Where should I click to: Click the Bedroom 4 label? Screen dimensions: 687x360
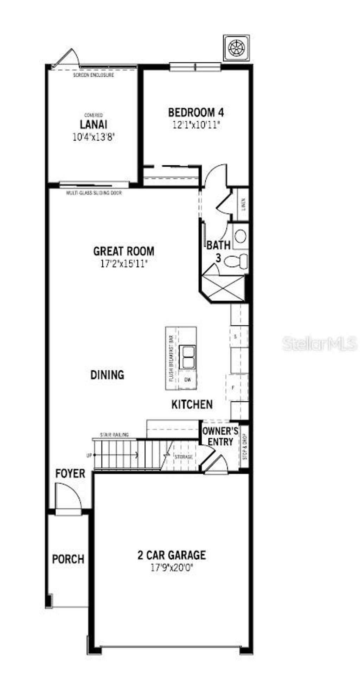click(196, 113)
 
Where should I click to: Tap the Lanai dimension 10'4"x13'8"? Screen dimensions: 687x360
click(94, 137)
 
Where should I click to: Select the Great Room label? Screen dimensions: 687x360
click(123, 251)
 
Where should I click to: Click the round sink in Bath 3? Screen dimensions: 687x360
click(240, 236)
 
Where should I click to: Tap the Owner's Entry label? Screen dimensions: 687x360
click(220, 436)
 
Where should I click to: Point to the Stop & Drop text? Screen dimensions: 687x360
click(245, 447)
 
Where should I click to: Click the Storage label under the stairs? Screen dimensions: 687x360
click(184, 457)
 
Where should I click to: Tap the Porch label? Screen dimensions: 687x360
click(68, 559)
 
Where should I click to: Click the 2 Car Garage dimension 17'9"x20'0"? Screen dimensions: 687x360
click(172, 567)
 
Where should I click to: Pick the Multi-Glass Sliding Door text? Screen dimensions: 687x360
click(94, 193)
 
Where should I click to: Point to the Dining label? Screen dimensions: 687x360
click(107, 375)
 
